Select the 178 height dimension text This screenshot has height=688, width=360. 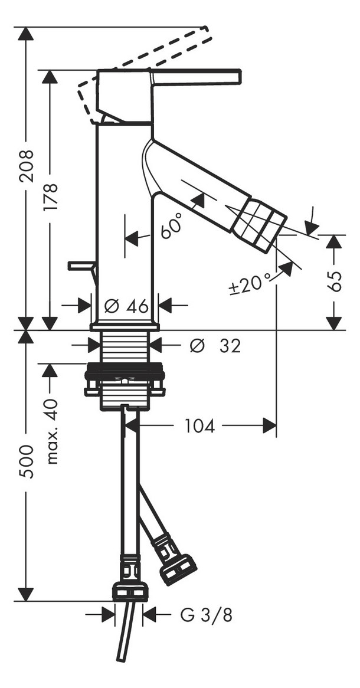[51, 197]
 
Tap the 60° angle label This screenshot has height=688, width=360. [171, 225]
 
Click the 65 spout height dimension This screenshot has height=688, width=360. [335, 281]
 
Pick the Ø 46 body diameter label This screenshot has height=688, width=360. [127, 306]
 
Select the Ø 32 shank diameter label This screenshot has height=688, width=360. [215, 346]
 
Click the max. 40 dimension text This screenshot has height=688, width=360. [52, 431]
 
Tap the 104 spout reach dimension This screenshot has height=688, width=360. [199, 425]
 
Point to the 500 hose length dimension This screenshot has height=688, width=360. [27, 461]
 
